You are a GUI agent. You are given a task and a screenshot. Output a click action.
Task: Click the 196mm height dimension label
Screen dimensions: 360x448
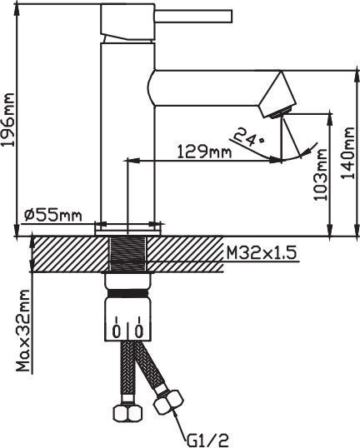coord(7,119)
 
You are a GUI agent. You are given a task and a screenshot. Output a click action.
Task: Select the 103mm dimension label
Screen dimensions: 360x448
coord(320,175)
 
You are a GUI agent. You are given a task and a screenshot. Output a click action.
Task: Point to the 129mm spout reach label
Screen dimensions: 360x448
coord(204,152)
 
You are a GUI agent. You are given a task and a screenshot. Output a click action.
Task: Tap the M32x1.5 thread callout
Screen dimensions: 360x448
coord(261,252)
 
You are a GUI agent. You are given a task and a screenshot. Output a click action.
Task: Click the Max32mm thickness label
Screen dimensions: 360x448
coord(22,331)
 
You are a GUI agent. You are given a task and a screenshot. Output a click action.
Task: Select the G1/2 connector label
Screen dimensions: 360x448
coord(208,441)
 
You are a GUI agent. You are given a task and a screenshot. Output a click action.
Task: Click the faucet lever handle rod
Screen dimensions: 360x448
coord(193,16)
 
